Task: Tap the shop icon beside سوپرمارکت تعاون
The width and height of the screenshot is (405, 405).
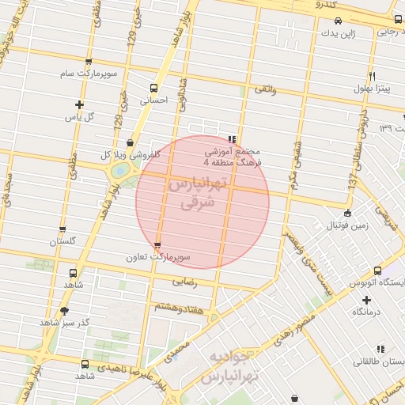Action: point(157,245)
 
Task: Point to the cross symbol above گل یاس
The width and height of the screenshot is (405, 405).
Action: point(79,104)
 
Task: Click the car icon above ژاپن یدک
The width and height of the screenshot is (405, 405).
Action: point(338,21)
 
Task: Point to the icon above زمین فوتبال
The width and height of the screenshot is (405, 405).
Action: point(348,213)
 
